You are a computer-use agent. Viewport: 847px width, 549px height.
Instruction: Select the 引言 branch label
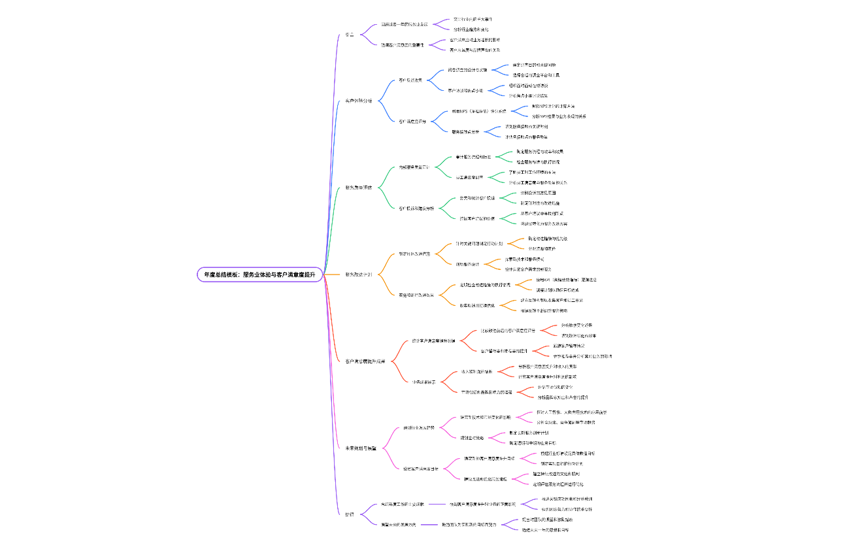350,35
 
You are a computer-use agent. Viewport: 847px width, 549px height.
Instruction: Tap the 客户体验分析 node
359,101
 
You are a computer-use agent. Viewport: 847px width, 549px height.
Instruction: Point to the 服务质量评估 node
359,188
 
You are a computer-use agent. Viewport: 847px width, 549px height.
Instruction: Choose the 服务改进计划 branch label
359,274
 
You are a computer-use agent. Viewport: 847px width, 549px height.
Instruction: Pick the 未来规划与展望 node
361,448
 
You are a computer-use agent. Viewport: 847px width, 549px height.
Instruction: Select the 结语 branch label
350,514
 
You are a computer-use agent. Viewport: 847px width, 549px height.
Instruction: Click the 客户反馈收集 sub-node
410,80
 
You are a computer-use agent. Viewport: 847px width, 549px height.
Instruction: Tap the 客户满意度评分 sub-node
412,122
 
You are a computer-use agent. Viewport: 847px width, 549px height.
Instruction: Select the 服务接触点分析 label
465,131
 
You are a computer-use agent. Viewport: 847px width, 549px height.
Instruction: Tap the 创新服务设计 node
467,264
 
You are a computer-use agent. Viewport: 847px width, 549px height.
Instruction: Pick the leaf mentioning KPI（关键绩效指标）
566,280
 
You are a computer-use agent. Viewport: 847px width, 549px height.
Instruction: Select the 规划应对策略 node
472,437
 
